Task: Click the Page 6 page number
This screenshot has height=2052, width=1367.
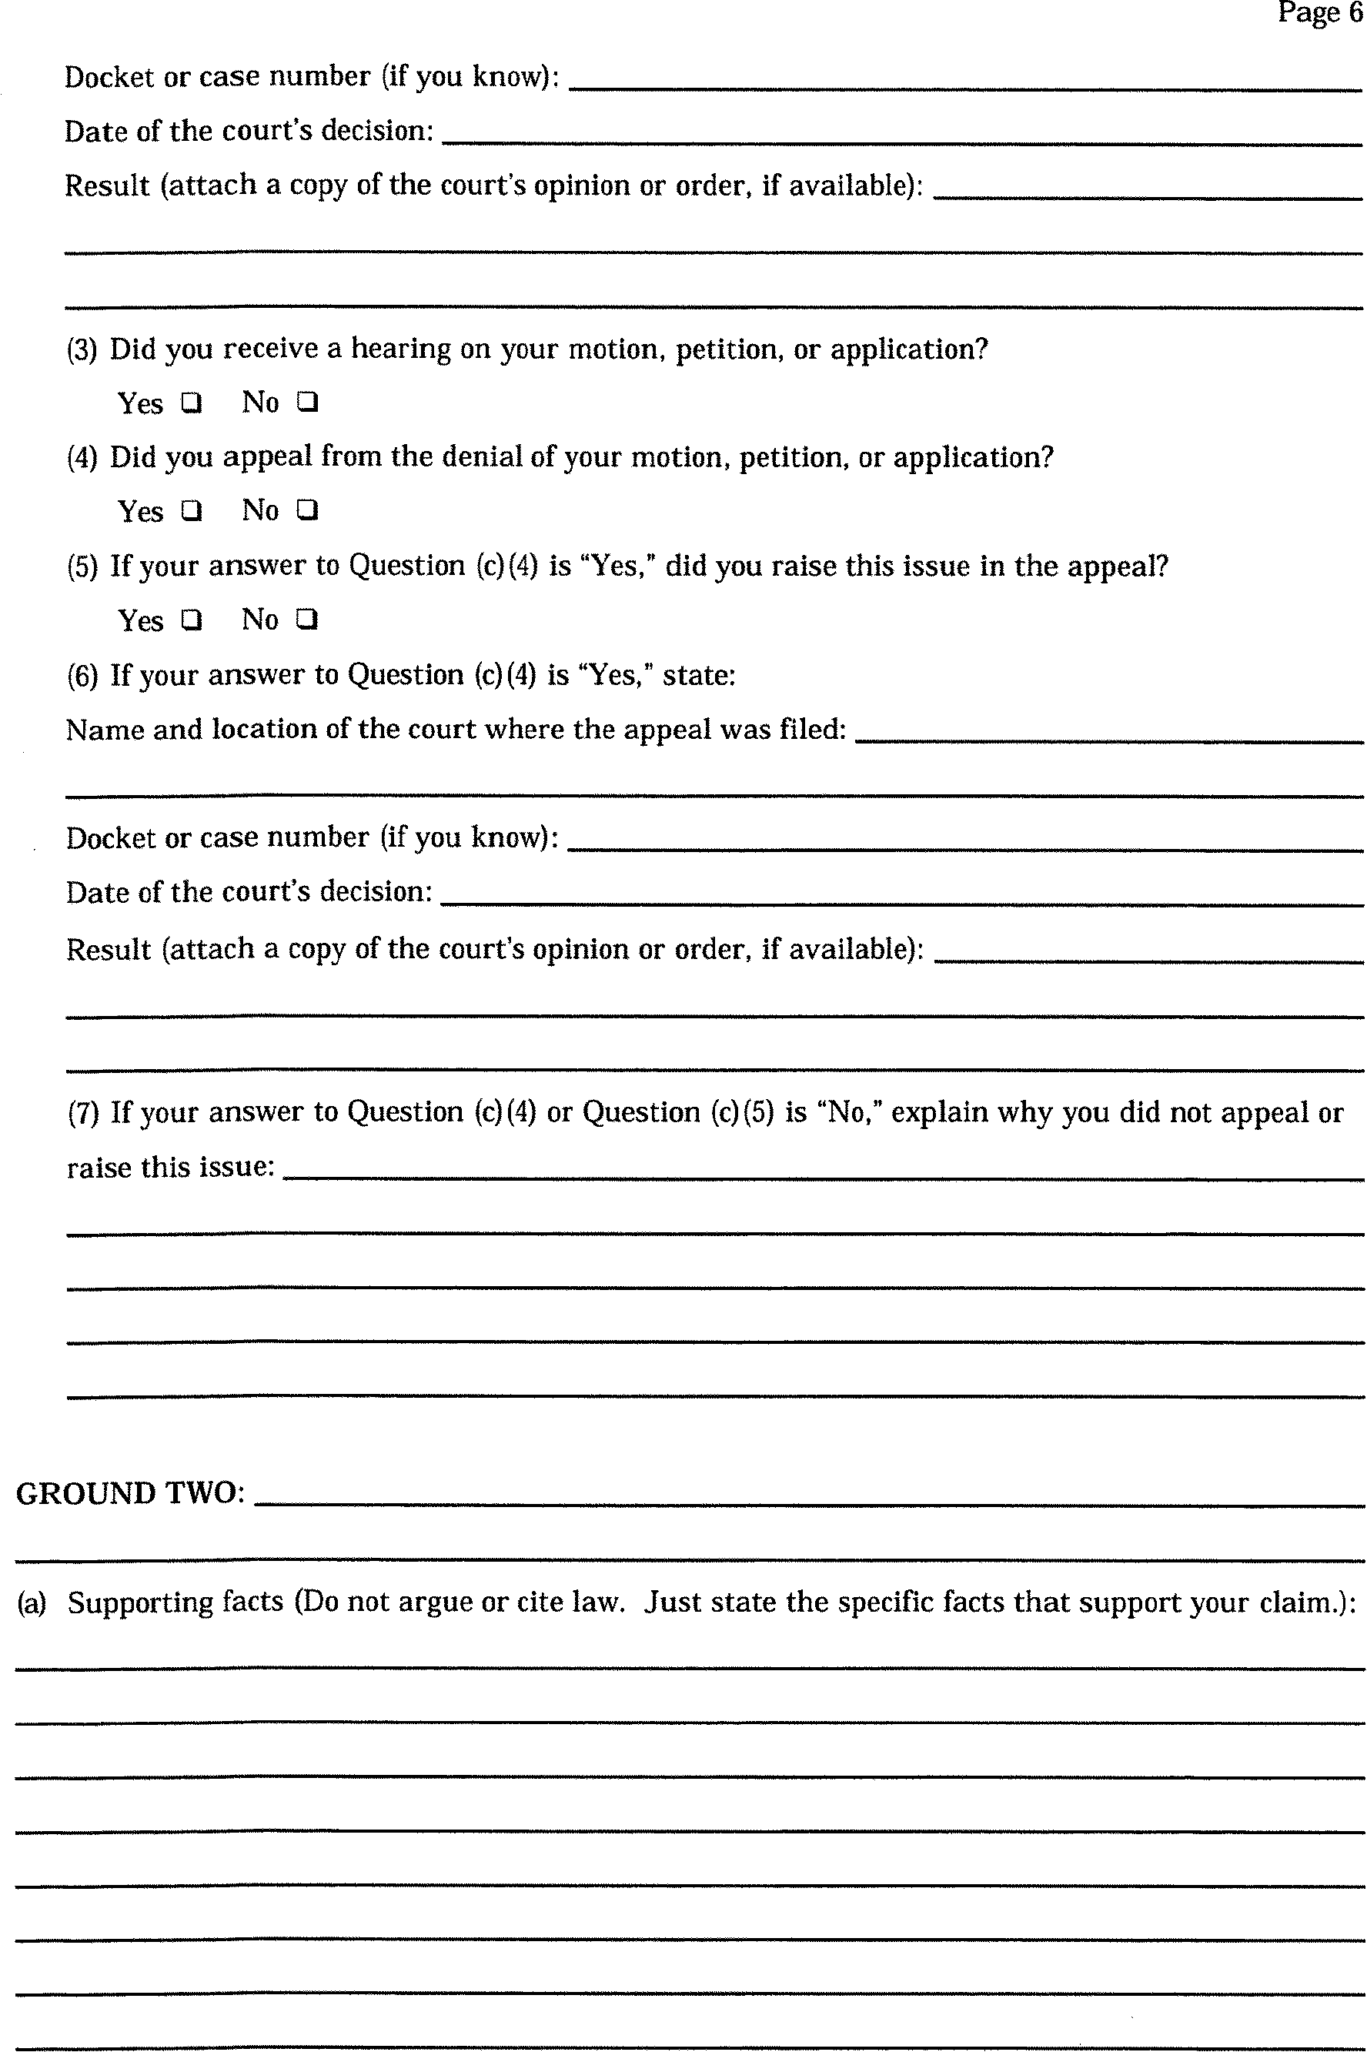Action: coord(1319,13)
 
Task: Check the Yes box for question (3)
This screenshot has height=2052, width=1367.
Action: coord(191,403)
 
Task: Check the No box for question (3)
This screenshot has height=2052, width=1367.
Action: coord(307,402)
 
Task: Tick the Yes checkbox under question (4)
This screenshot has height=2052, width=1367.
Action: coord(191,511)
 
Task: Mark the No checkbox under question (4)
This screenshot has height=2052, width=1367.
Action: coord(307,510)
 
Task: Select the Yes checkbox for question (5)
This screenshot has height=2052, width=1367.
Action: coord(191,620)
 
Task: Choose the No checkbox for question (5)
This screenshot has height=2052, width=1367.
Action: coord(307,619)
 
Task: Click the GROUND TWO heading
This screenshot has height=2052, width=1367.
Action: coord(130,1493)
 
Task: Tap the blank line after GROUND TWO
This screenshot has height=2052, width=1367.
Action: coord(808,1496)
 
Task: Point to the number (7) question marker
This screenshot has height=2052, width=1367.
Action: coord(83,1113)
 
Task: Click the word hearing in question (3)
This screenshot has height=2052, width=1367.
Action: coord(400,349)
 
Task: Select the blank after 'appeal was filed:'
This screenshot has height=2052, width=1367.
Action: coord(1108,732)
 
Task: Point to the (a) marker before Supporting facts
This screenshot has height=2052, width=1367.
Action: coord(32,1603)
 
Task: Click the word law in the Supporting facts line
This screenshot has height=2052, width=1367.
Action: coord(596,1602)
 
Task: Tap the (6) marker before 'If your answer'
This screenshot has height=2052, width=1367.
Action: coord(83,676)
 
